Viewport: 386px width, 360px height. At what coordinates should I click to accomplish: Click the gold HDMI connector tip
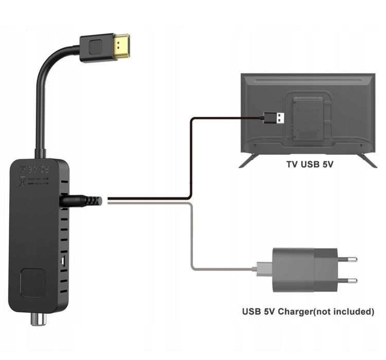pyautogui.click(x=124, y=45)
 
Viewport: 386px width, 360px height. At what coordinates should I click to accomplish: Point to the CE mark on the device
pyautogui.click(x=32, y=168)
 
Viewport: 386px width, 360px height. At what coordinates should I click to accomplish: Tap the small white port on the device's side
pyautogui.click(x=62, y=261)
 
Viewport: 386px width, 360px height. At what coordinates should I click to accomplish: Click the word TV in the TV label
pyautogui.click(x=293, y=166)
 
